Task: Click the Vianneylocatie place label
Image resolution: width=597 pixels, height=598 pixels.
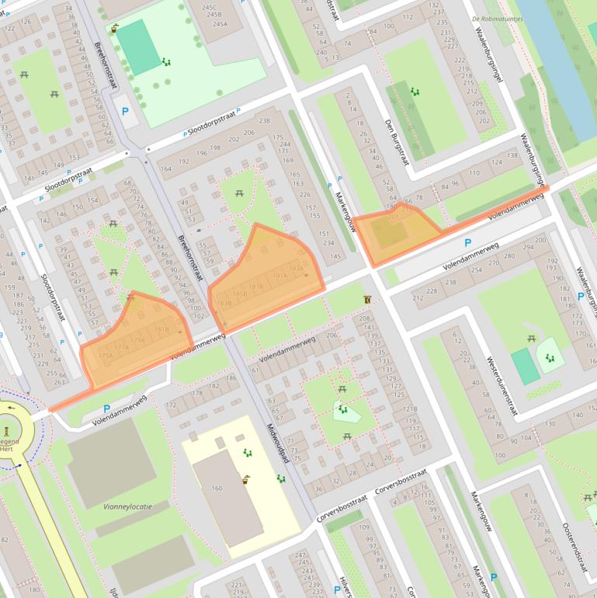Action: pyautogui.click(x=127, y=506)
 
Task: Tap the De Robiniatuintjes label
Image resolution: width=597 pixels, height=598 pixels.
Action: pyautogui.click(x=496, y=19)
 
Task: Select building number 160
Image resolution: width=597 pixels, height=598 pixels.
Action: pyautogui.click(x=217, y=488)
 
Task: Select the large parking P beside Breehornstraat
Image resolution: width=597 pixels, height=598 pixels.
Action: pyautogui.click(x=125, y=111)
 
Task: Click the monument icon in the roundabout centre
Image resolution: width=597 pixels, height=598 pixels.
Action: pyautogui.click(x=7, y=429)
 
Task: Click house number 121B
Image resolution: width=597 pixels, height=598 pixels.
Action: pyautogui.click(x=410, y=409)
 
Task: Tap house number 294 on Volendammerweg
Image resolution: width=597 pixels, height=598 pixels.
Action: pyautogui.click(x=529, y=248)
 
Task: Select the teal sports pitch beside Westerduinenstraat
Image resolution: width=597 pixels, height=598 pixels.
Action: pyautogui.click(x=525, y=366)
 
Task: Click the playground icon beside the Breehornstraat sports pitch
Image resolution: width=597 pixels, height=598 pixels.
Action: pyautogui.click(x=165, y=62)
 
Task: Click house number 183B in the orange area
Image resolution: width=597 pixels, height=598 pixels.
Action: pyautogui.click(x=223, y=303)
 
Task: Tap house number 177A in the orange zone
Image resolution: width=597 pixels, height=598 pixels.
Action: pyautogui.click(x=121, y=347)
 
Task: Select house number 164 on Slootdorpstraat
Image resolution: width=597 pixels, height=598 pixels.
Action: pyautogui.click(x=165, y=169)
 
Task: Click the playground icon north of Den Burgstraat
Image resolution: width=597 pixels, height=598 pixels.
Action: pyautogui.click(x=415, y=92)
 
